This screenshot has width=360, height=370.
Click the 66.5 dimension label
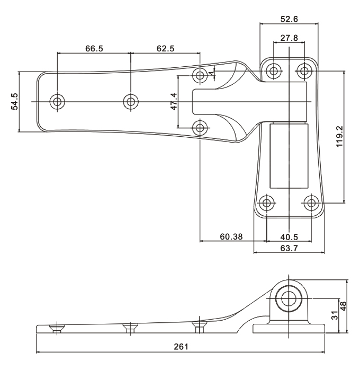94,48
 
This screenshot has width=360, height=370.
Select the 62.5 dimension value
165,48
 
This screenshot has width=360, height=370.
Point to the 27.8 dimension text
289,38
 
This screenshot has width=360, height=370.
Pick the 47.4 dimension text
173,101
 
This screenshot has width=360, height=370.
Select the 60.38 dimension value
231,237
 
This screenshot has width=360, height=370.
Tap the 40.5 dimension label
289,237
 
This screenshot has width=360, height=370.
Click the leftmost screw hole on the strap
57,101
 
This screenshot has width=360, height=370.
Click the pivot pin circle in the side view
289,298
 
